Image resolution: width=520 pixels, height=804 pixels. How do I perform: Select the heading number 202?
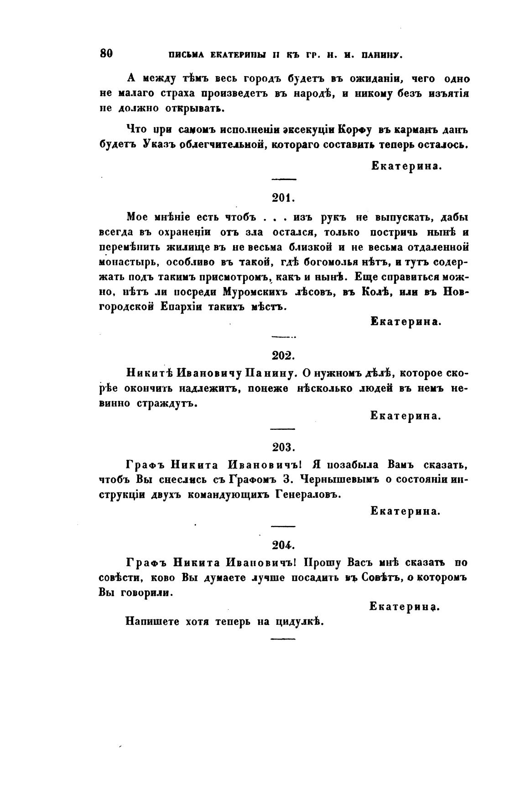coord(284,356)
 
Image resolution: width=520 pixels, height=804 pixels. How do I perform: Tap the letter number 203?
coord(284,447)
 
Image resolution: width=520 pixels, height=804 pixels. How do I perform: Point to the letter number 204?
coord(284,545)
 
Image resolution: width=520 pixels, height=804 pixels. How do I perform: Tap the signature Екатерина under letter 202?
coord(406,416)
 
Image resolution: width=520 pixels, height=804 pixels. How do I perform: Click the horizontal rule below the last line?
coord(283,639)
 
